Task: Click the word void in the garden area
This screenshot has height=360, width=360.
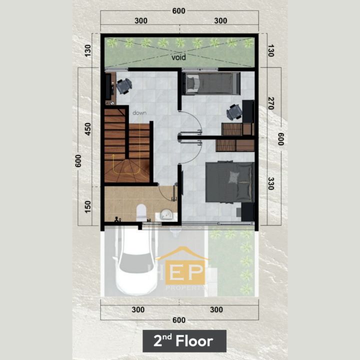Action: [178, 57]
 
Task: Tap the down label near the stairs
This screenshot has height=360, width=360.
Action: [139, 112]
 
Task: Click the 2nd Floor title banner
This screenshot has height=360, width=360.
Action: [184, 341]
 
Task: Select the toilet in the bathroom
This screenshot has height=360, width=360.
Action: [141, 212]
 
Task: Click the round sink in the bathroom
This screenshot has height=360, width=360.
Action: [166, 214]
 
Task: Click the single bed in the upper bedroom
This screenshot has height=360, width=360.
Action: [211, 83]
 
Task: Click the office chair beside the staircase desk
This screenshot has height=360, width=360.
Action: [124, 86]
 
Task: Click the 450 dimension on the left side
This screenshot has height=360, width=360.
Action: [87, 129]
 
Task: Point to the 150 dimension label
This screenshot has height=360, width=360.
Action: [87, 206]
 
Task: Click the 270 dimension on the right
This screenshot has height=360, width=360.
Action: [271, 103]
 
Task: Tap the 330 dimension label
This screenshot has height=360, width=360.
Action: [271, 183]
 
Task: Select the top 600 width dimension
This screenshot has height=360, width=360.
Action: [179, 11]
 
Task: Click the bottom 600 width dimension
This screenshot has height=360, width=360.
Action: [179, 320]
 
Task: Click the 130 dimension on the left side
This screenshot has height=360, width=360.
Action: [87, 50]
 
